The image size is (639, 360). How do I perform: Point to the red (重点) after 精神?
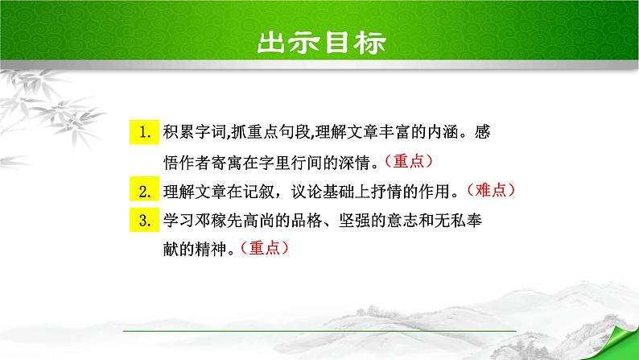click(260, 249)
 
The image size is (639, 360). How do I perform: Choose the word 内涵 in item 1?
click(447, 131)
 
